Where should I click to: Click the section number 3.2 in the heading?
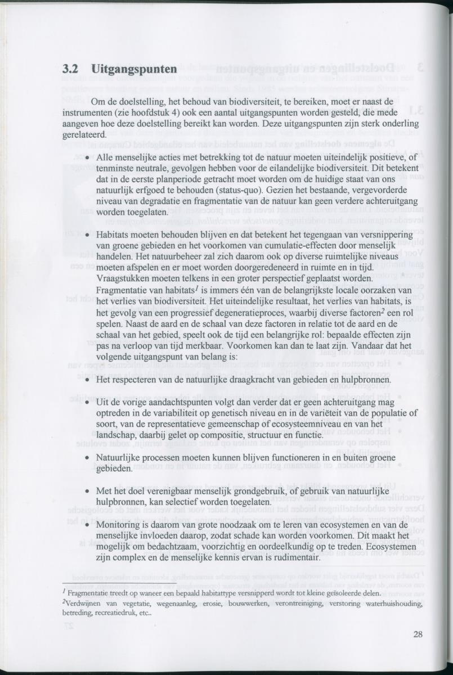pos(69,70)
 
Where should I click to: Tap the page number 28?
pos(418,634)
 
